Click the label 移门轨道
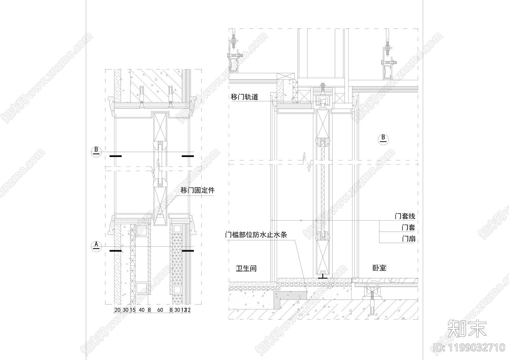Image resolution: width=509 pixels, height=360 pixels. tap(244, 97)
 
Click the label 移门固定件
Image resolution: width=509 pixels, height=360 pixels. tap(198, 191)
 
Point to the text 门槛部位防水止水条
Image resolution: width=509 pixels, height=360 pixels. tap(256, 235)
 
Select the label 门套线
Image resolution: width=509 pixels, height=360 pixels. tap(405, 216)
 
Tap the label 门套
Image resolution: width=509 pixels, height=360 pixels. tap(408, 228)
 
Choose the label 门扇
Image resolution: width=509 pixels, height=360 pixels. tap(408, 239)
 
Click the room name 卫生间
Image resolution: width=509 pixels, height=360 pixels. tap(246, 268)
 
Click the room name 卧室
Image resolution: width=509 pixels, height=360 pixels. tap(379, 268)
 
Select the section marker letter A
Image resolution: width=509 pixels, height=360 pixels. tap(97, 245)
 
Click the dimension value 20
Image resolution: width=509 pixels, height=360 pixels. tap(117, 310)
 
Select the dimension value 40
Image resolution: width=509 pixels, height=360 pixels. tap(142, 310)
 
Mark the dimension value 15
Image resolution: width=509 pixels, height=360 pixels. tap(133, 310)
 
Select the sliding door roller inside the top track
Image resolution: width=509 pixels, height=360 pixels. tap(322, 102)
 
